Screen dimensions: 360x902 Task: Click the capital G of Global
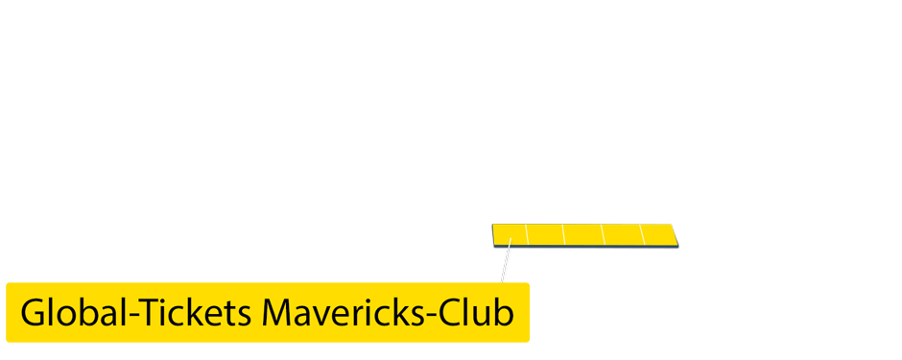click(33, 313)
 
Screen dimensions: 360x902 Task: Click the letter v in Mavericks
click(325, 316)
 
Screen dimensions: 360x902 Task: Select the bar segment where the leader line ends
click(510, 234)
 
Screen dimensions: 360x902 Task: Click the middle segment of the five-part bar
click(583, 234)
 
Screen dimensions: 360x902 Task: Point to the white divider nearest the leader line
click(527, 234)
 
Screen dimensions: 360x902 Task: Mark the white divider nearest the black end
click(641, 234)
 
